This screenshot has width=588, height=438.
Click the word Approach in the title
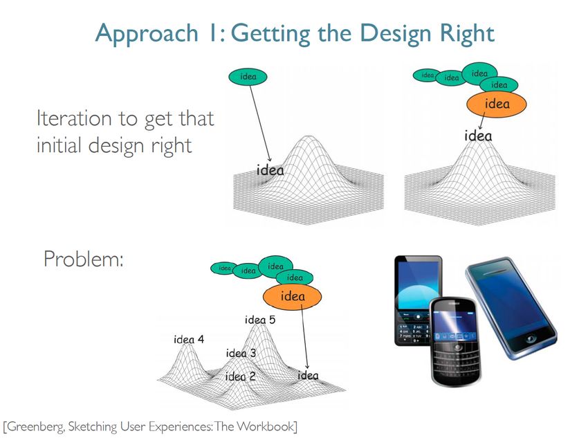click(x=147, y=34)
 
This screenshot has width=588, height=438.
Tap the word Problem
click(x=84, y=259)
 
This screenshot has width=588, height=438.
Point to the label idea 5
click(x=260, y=320)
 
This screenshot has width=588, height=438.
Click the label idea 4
click(x=189, y=339)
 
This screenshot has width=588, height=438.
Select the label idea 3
click(x=241, y=354)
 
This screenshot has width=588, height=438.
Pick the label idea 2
click(x=240, y=376)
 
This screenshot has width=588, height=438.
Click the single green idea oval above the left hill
click(x=248, y=77)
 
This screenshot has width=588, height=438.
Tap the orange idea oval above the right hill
click(x=497, y=104)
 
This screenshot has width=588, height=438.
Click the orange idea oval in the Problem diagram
click(x=292, y=296)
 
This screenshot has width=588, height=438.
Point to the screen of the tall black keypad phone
click(x=418, y=286)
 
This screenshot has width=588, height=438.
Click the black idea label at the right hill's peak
click(x=478, y=136)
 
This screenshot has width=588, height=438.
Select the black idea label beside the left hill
click(x=270, y=170)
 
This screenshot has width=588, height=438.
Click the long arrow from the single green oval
click(x=260, y=123)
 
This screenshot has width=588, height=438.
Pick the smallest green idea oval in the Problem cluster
click(x=224, y=268)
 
